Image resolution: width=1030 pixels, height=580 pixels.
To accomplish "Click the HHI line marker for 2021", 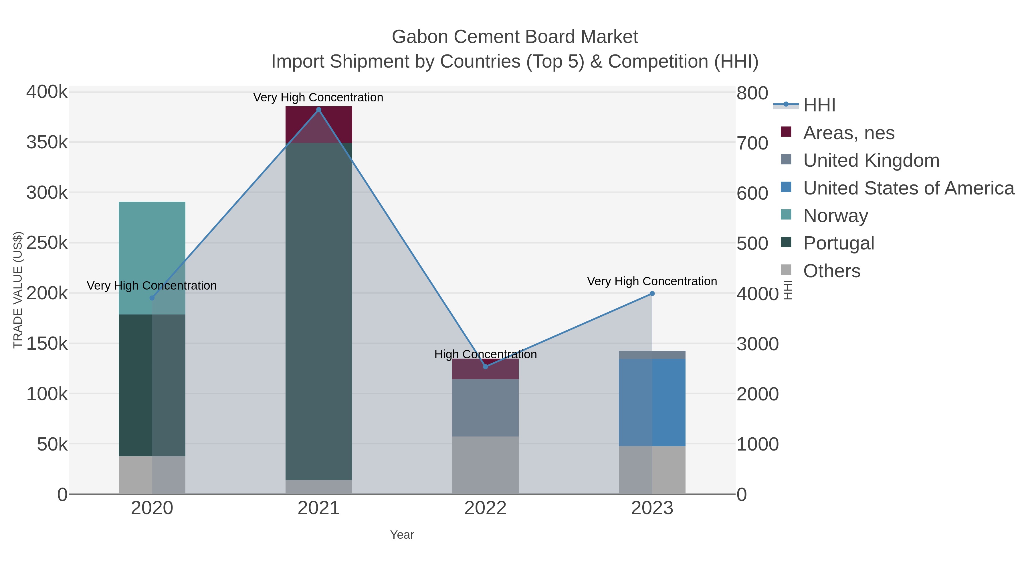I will click(x=319, y=110).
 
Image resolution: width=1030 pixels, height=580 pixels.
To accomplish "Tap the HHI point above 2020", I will click(x=152, y=298).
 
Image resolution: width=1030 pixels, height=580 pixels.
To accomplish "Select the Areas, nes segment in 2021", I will click(x=319, y=124).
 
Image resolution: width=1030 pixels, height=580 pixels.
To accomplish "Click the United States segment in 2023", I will click(x=652, y=402).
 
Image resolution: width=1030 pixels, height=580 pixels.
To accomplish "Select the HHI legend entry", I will click(x=819, y=105).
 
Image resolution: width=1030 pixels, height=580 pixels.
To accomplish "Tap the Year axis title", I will click(x=402, y=535).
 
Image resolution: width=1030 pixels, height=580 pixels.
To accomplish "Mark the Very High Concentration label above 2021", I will click(x=318, y=97).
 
